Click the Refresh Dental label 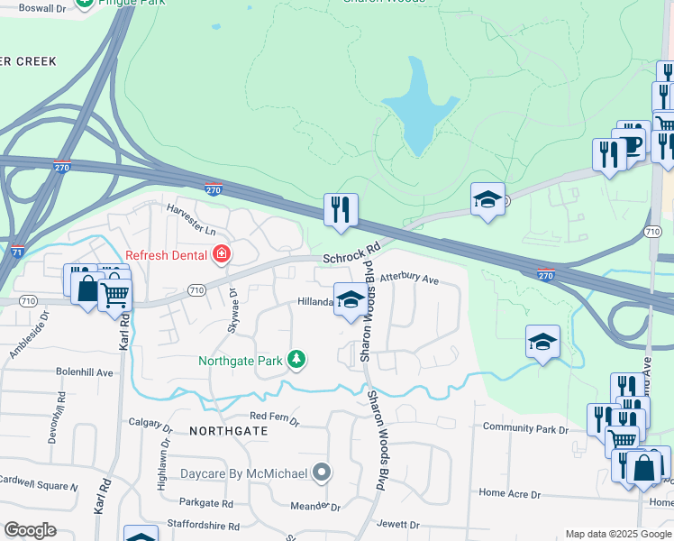[167, 255]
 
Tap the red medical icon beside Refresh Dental [221, 255]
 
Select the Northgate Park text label [241, 361]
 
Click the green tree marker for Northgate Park [296, 361]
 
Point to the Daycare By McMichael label [243, 472]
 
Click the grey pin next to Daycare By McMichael [322, 472]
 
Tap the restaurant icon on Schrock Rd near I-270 [341, 210]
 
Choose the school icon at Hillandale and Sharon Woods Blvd [351, 301]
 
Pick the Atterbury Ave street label [409, 280]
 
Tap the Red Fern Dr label [274, 417]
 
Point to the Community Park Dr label [526, 428]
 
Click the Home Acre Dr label [509, 493]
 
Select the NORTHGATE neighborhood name [229, 432]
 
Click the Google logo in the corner [30, 530]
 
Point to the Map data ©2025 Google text [617, 534]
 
